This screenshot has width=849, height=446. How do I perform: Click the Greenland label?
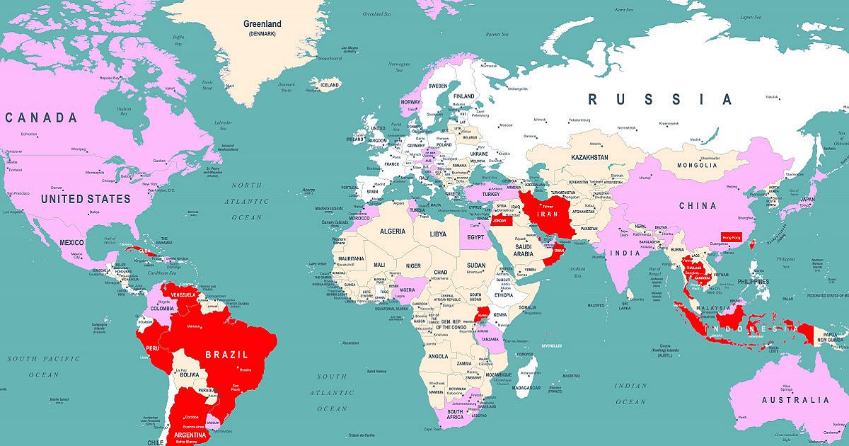tap(262, 24)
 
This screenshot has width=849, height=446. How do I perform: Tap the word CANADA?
tap(41, 118)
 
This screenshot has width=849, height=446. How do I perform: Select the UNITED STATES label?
tap(86, 199)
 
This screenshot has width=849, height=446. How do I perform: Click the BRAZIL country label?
tap(226, 354)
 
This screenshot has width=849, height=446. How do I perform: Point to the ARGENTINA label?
tap(186, 435)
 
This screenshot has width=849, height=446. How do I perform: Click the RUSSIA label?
tap(660, 99)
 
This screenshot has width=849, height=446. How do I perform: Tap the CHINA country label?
tap(697, 206)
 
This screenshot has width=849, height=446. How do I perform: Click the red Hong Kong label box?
tap(731, 238)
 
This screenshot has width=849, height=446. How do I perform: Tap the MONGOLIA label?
tap(697, 165)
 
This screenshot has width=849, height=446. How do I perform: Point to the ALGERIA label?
tap(393, 231)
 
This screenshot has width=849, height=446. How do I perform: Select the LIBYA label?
tap(439, 234)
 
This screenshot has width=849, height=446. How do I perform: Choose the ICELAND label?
tap(330, 85)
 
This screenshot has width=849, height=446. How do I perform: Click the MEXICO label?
tap(71, 243)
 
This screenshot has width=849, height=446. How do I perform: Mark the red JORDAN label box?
tap(499, 221)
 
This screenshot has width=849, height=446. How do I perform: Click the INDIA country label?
tap(625, 253)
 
